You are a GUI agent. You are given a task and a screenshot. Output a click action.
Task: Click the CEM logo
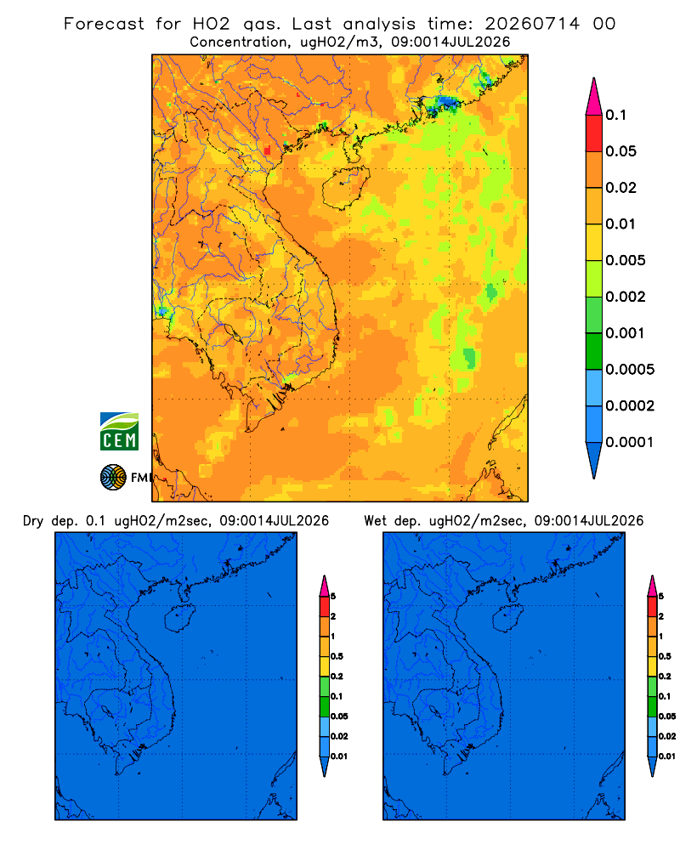coord(119,431)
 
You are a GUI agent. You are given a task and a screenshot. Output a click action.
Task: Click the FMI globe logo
coord(113,477)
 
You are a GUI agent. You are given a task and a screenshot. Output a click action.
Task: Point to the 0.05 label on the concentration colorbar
coord(620,151)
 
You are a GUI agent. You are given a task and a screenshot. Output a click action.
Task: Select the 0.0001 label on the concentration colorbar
coord(630,442)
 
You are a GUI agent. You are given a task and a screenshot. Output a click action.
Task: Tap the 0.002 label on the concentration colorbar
coord(626,297)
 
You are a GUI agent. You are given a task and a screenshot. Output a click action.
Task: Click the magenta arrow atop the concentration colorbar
coord(594,97)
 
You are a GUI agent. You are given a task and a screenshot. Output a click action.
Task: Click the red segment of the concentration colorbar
coord(594,133)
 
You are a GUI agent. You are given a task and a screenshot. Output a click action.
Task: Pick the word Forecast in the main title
coord(104,24)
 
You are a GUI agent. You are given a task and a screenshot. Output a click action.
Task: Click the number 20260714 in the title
coord(532,24)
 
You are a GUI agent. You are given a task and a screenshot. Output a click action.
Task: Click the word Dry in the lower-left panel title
coord(33,521)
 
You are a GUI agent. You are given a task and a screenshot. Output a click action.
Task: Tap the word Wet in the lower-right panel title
coord(375,521)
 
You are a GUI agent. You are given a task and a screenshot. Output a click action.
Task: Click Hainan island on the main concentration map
coord(346,186)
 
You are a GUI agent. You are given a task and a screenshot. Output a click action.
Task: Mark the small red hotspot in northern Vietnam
coord(268,150)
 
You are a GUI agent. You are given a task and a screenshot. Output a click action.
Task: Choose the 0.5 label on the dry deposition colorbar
coord(337,656)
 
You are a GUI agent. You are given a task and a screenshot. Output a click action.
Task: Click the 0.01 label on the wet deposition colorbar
coord(667,756)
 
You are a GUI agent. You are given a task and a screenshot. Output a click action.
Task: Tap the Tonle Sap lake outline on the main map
coord(229,331)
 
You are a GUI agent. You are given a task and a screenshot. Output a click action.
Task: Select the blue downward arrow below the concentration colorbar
coord(594,460)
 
